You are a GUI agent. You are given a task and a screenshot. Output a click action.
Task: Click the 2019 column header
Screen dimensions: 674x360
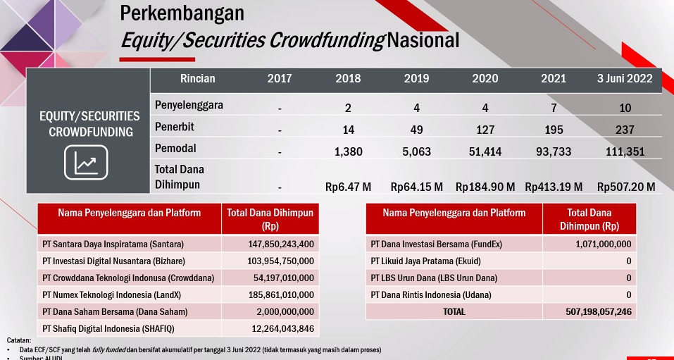pos(416,79)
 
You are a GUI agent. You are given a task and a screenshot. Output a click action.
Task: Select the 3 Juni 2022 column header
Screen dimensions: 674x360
pos(625,79)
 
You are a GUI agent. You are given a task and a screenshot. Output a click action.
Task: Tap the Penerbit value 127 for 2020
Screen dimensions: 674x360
pos(485,130)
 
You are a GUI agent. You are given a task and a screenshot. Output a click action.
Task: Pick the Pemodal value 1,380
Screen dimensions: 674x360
pos(348,151)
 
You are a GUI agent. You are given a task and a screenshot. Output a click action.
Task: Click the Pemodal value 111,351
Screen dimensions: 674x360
pos(625,151)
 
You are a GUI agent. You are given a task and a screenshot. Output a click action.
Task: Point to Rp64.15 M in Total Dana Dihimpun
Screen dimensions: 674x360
pos(416,187)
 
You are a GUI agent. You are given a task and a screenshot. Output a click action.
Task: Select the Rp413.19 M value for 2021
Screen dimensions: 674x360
pos(554,187)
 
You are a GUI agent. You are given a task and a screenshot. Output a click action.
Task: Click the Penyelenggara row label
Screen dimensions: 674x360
pos(189,106)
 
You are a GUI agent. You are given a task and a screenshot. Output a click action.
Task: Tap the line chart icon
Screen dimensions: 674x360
pos(86,162)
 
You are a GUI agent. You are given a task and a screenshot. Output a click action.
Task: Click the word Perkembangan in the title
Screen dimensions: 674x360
pos(182,13)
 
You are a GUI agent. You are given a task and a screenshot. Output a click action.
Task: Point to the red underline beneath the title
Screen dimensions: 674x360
pos(157,59)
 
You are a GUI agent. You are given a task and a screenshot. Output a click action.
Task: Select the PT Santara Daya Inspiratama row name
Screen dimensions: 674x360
pos(113,244)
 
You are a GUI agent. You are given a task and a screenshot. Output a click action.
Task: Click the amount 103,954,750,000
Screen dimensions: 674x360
pos(281,261)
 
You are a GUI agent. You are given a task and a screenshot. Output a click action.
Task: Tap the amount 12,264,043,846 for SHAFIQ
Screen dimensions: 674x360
pos(283,329)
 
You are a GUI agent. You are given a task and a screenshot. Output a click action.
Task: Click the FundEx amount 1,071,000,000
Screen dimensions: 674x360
pos(604,244)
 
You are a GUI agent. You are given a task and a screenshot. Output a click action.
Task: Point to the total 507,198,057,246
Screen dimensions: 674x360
pos(599,312)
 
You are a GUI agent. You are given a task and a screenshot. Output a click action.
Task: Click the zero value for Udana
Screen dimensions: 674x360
pos(629,295)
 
